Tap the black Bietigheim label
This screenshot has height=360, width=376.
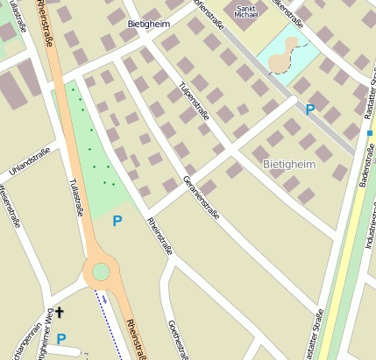click(x=148, y=25)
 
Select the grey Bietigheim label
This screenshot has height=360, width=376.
click(x=289, y=164)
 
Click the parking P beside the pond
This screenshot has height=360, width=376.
click(x=309, y=109)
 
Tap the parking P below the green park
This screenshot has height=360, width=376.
click(x=117, y=221)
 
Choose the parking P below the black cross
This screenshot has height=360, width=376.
click(x=61, y=338)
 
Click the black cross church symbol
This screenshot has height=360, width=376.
click(x=60, y=312)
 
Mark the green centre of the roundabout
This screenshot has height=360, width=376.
click(x=101, y=272)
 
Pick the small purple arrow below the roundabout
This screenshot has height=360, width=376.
click(x=103, y=296)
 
